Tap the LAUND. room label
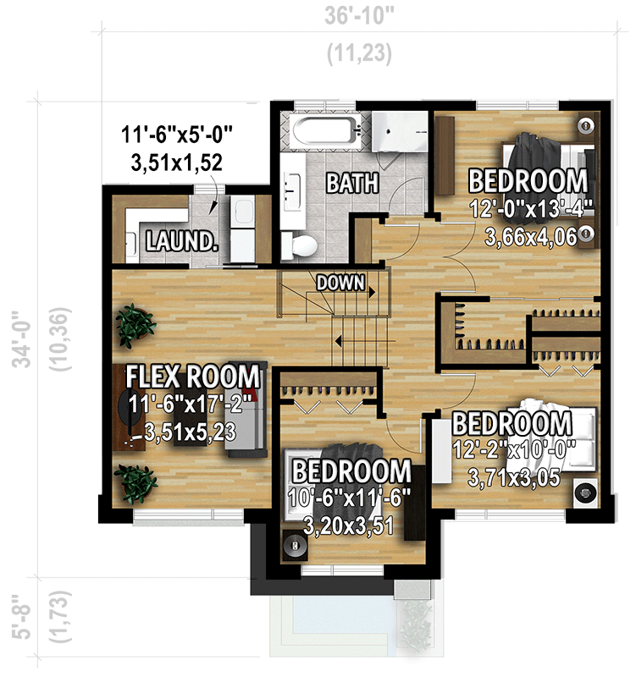point(181,241)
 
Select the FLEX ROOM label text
point(193,376)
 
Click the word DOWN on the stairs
point(340,283)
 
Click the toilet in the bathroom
point(301,245)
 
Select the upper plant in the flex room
point(135,324)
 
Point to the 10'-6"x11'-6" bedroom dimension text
point(351,497)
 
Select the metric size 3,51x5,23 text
point(194,432)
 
